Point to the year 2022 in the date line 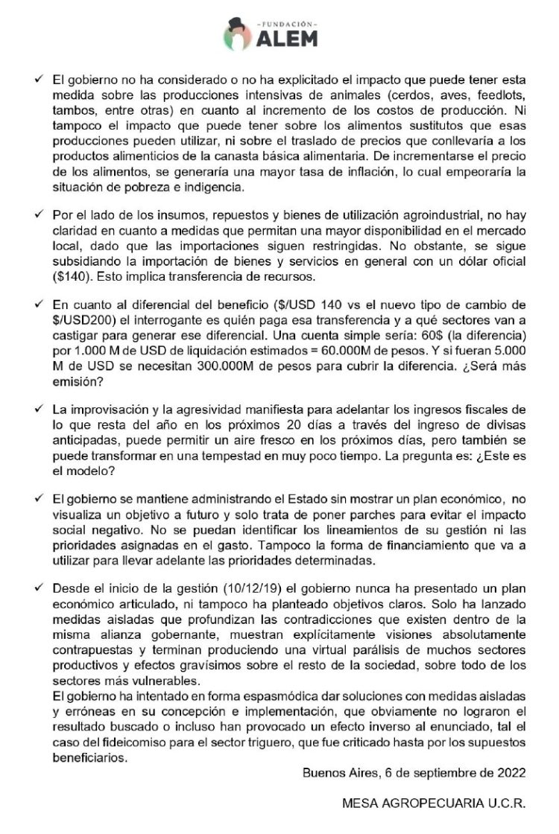[x=511, y=771]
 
